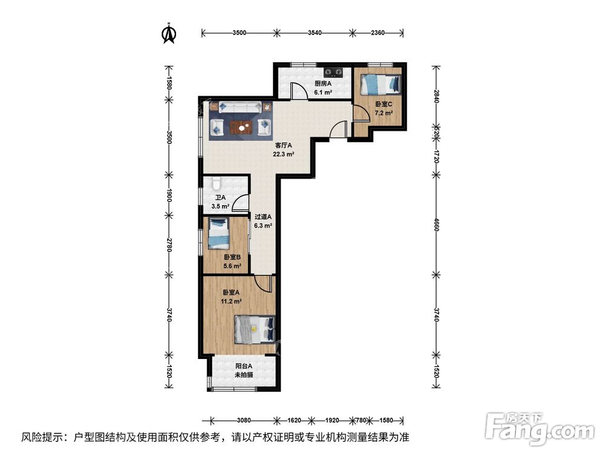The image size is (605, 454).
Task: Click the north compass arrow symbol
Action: tap(169, 34)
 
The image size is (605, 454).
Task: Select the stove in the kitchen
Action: tap(333, 71)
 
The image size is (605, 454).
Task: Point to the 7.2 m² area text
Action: tap(384, 113)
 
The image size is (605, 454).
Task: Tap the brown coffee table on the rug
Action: tap(241, 127)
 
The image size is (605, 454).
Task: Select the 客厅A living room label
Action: tap(284, 145)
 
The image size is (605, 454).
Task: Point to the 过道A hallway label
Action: tap(263, 217)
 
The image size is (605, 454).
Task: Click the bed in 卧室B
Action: tap(219, 234)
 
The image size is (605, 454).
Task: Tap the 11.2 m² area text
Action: tap(232, 301)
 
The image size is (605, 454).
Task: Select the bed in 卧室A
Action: tap(254, 330)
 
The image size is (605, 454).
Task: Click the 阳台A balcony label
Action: tap(244, 366)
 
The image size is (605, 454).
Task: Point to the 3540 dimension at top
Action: tap(313, 33)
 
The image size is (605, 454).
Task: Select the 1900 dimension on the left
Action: tap(169, 195)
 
